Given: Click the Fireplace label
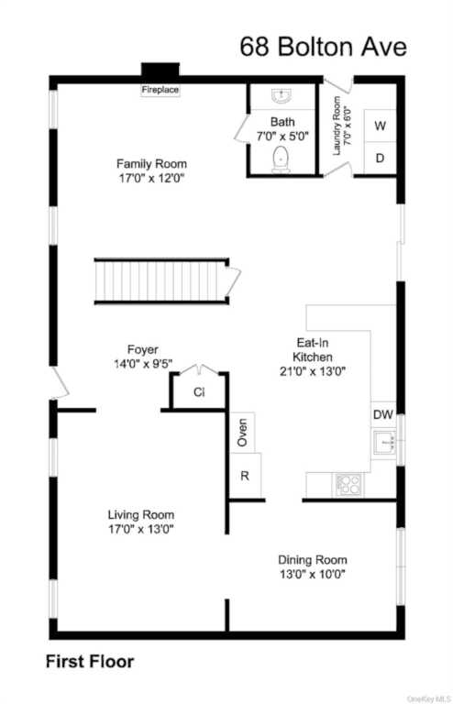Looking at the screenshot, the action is coord(160,90).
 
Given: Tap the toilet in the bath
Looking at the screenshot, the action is coord(281,159).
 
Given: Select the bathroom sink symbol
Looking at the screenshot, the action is coord(282,95).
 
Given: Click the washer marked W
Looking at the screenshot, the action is coord(380,126).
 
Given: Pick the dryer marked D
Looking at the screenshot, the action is coord(380,158).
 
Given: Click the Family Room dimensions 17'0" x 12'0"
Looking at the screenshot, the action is coord(151,178).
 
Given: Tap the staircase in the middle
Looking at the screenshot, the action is coord(161,281).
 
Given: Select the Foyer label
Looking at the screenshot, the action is coord(143,349).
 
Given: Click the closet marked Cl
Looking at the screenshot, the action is coord(199,391).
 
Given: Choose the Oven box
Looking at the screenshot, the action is coord(242,433).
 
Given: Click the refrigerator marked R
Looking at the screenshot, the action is coord(245,476).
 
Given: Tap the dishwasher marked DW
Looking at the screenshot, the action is coord(383,414).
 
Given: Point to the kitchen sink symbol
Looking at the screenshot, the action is coord(385,441).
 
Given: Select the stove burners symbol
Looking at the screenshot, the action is coord(348,485).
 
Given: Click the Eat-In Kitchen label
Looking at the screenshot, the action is coord(313,350).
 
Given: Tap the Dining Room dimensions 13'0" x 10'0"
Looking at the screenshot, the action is coord(313,574).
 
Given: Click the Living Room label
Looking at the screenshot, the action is coord(141,515).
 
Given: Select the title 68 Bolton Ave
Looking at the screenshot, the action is coord(324,47).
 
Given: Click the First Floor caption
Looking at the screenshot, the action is coord(90,662).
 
